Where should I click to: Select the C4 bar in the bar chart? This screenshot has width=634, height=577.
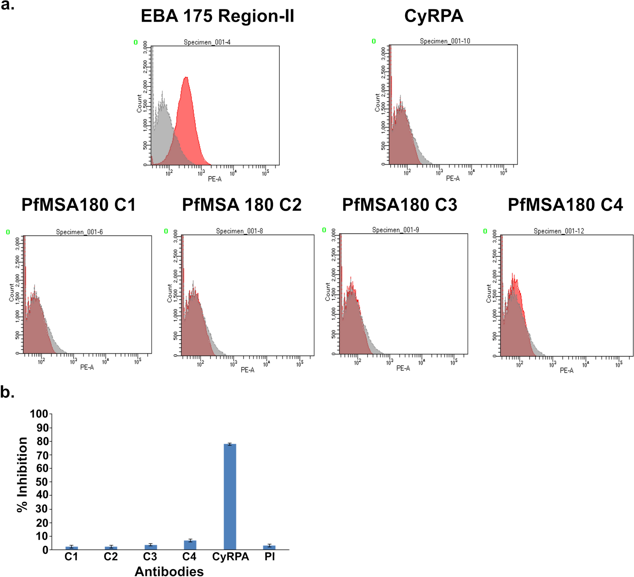coord(190,545)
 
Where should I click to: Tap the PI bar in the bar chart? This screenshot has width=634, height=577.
coord(269,547)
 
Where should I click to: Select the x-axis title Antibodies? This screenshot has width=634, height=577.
coord(169,571)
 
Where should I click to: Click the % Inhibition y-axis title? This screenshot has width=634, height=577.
coord(22,475)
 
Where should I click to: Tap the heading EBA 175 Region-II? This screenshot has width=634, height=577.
coord(217,16)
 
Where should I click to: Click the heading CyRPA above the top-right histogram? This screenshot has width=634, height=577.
coord(434,16)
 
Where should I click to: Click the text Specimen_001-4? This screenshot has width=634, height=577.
coord(207,42)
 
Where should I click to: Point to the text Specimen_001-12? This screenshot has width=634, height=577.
coord(559,231)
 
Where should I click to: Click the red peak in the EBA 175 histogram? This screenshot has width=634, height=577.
coord(186,95)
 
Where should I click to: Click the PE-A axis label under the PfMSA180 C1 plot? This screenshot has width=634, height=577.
coord(87,367)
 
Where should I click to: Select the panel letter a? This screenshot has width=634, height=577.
coord(8,5)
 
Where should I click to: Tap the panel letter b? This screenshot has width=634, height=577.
coord(8,393)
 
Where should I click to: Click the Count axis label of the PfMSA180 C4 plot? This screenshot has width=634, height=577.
coord(489,294)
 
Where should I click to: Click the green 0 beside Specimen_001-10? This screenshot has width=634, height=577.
coord(374,41)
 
